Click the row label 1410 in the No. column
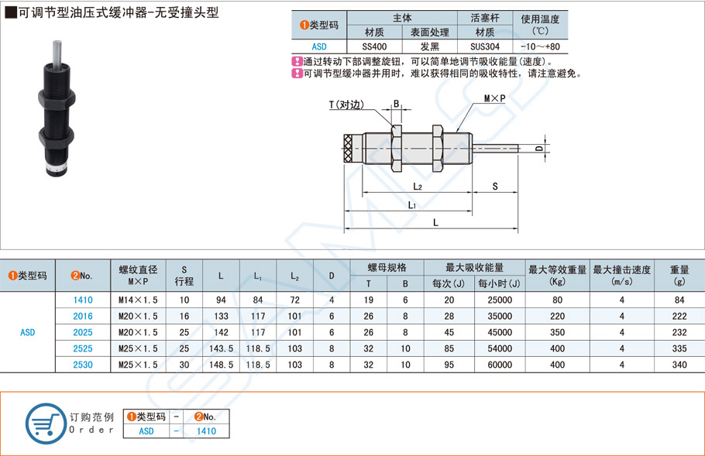pyautogui.click(x=82, y=300)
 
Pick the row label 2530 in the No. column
pyautogui.click(x=82, y=364)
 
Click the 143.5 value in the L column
pyautogui.click(x=221, y=348)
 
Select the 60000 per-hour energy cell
pyautogui.click(x=500, y=364)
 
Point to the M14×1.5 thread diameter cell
pyautogui.click(x=139, y=300)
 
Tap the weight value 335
pyautogui.click(x=680, y=348)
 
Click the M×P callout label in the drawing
pyautogui.click(x=494, y=99)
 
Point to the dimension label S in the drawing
pyautogui.click(x=494, y=187)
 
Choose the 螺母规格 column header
pyautogui.click(x=387, y=268)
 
